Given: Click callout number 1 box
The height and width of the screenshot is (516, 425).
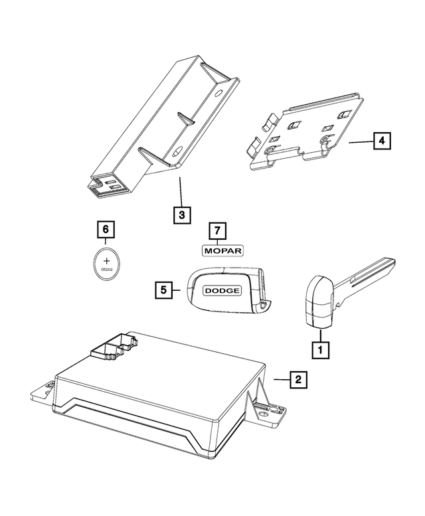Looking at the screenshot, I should coord(321,347).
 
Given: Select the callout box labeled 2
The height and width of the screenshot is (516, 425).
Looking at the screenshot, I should coord(297,379).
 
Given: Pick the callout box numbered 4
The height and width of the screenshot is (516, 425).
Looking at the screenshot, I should coord(381,141).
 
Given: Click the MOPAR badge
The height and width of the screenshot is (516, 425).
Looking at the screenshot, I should coord(223,250).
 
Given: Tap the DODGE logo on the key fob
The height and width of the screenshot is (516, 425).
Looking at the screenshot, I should coord(222,291).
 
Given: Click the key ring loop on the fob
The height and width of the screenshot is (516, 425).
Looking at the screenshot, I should coord(265,305).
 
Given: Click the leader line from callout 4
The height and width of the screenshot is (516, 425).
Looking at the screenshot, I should coord(360,141).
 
